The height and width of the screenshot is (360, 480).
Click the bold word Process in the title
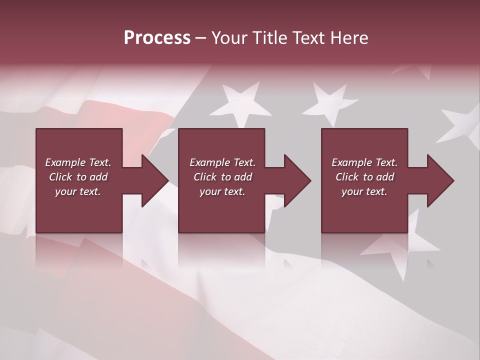(157, 38)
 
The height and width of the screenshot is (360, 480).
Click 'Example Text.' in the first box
(78, 162)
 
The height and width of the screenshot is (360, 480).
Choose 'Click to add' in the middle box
(222, 177)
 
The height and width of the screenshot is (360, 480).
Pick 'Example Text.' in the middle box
(222, 162)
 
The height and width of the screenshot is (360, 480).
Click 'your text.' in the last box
(364, 191)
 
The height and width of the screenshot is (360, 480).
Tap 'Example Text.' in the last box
(364, 162)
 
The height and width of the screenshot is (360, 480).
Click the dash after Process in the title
(201, 39)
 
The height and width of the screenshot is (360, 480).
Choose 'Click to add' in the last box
(364, 177)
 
